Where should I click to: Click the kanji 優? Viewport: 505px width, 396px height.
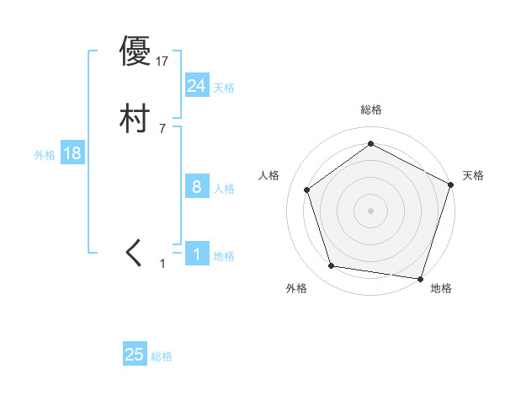pos(135,51)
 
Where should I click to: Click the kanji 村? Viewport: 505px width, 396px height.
pos(135,120)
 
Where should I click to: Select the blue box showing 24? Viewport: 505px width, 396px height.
pos(196,85)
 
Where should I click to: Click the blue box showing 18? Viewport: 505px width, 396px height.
pos(72,153)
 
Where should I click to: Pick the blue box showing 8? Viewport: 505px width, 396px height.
pos(196,187)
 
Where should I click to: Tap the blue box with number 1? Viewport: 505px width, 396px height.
pos(196,254)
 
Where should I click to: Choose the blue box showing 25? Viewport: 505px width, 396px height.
pos(135,355)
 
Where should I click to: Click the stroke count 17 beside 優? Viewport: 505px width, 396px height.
pos(162,61)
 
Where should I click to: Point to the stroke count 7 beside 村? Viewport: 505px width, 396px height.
pos(162,129)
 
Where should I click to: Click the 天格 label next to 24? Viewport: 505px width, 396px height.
pos(224,88)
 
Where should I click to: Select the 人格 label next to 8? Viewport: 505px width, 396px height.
pos(224,189)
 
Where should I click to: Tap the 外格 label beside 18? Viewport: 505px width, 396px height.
pos(45,155)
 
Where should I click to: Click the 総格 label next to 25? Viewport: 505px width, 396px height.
pos(162,356)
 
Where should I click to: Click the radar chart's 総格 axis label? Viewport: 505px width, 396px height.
pos(370,110)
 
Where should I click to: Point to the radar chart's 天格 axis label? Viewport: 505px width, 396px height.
pos(473,175)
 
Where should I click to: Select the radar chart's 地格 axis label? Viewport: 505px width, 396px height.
pos(441,288)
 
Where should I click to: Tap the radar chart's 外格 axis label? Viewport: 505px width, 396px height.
pos(296,288)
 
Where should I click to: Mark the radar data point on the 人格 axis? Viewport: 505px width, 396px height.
pos(307,190)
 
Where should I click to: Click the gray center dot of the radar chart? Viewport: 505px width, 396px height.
pos(370,210)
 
